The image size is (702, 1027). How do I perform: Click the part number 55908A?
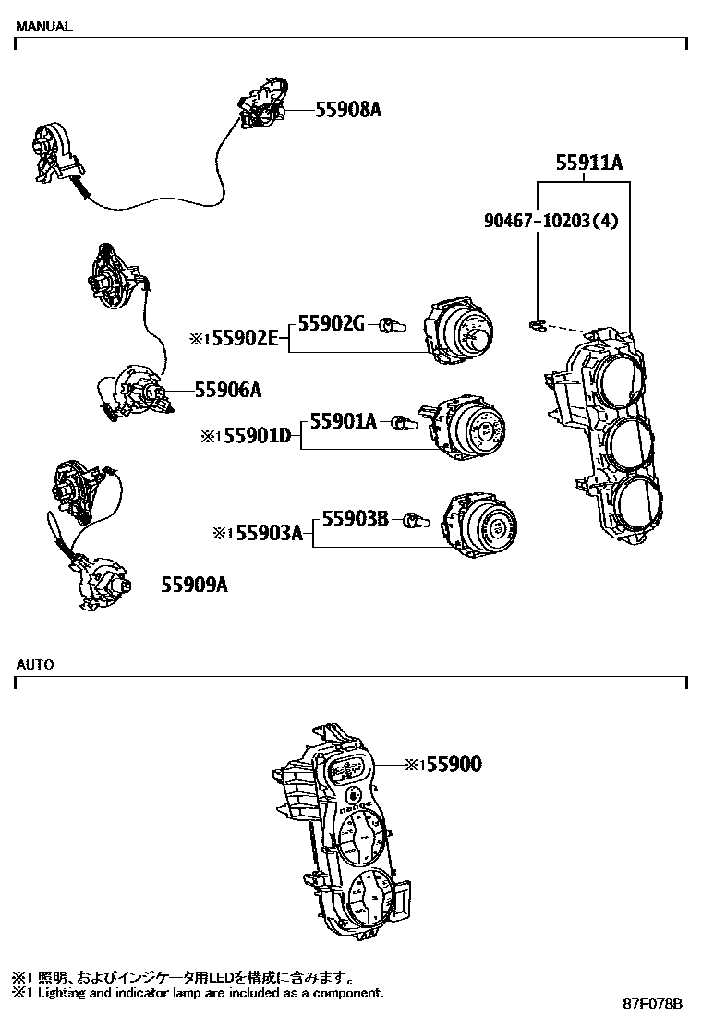pyautogui.click(x=348, y=110)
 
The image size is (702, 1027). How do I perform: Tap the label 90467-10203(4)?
pyautogui.click(x=551, y=221)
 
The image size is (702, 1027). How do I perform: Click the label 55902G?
pyautogui.click(x=331, y=323)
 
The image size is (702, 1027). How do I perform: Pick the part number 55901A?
pyautogui.click(x=343, y=422)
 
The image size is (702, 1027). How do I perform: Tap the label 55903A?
pyautogui.click(x=268, y=533)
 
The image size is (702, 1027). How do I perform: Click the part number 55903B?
pyautogui.click(x=356, y=520)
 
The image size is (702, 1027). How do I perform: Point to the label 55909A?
pyautogui.click(x=194, y=585)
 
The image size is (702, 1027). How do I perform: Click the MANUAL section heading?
pyautogui.click(x=43, y=27)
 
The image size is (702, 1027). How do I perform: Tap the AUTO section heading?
pyautogui.click(x=34, y=664)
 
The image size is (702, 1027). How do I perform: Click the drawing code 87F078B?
pyautogui.click(x=651, y=1004)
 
